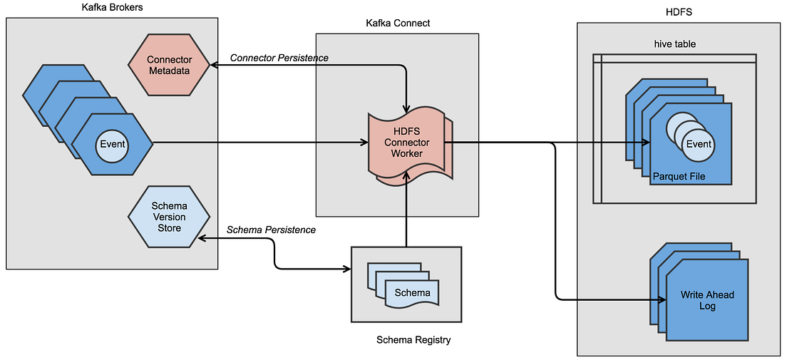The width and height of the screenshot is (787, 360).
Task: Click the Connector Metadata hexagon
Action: click(169, 65)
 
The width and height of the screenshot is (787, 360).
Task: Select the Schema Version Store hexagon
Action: click(169, 217)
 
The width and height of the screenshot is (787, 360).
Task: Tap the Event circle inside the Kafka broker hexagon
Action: click(112, 144)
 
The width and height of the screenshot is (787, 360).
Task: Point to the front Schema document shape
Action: click(412, 293)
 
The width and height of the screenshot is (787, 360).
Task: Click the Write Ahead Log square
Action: click(706, 300)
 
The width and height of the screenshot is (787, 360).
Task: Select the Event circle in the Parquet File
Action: click(698, 144)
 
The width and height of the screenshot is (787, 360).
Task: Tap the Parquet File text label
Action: click(679, 175)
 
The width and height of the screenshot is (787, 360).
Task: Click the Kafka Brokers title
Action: click(111, 9)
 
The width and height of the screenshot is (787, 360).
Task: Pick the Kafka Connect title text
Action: click(398, 23)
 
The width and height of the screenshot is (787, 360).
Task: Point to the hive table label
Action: click(674, 43)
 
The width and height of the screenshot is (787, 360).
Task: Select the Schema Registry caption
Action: click(413, 340)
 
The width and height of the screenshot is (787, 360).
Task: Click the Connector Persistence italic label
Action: click(279, 58)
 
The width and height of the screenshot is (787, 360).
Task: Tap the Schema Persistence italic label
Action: click(271, 230)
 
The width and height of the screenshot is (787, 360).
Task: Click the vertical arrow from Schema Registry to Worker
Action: click(406, 214)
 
